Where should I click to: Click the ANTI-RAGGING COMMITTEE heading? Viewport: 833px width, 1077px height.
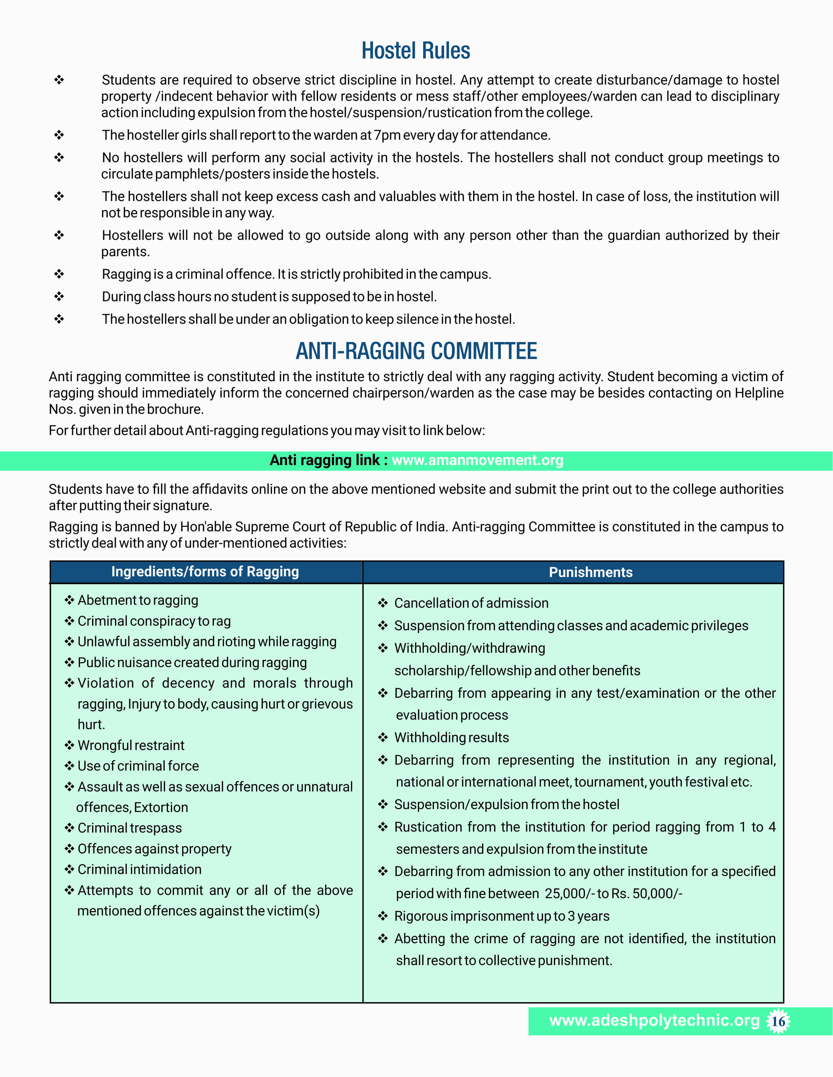[x=416, y=351]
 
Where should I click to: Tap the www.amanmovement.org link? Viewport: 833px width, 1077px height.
[x=477, y=460]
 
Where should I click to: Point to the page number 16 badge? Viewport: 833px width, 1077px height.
[x=778, y=1021]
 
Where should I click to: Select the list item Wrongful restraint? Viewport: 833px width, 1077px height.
[x=131, y=745]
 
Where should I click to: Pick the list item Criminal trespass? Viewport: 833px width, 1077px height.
[x=129, y=828]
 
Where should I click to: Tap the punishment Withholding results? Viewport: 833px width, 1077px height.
[x=452, y=738]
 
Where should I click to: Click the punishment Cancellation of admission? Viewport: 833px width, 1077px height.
[x=471, y=603]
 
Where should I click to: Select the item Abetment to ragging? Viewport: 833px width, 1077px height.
[x=138, y=600]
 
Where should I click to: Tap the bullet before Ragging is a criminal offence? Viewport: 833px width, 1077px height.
[x=59, y=274]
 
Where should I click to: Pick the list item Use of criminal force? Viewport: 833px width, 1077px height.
[x=138, y=766]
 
